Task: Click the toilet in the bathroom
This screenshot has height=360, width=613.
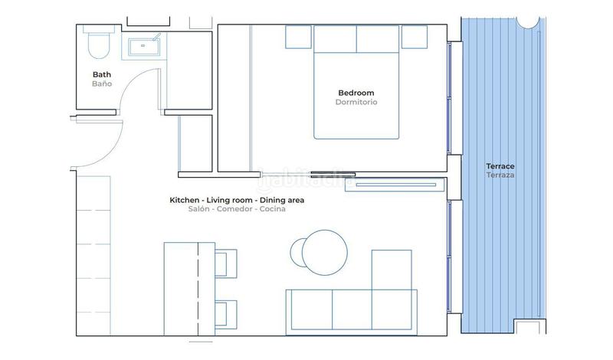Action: coord(97,44)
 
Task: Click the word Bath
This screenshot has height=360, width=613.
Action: coord(102,74)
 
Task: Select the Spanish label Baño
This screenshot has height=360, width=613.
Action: coord(102,83)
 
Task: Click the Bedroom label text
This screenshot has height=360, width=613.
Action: coord(356,93)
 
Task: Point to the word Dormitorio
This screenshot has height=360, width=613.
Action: coord(356,102)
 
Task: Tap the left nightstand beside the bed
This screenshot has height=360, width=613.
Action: coord(297,36)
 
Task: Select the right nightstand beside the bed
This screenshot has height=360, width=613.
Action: coord(415,36)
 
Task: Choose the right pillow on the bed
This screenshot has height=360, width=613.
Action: coord(379,38)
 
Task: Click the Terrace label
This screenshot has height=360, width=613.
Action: coord(500,166)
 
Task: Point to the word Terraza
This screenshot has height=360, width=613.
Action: coord(500,175)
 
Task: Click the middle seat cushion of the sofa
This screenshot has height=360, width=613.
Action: coord(352,310)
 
